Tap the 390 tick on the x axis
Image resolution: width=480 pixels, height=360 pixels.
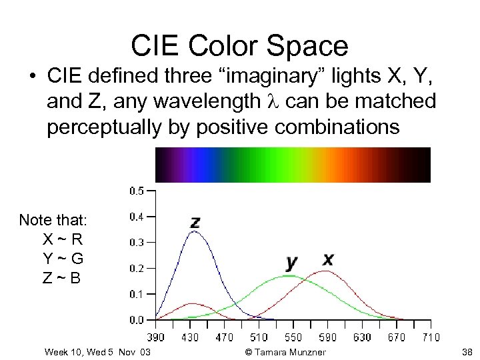coord(155,337)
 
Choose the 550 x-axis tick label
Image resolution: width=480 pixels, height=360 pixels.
coord(293,337)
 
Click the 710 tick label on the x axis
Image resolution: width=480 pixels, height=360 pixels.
coord(430,337)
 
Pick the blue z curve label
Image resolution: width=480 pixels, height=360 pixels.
coord(195,222)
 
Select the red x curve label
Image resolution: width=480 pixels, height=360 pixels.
coord(328,259)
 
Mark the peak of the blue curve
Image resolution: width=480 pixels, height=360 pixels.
coord(193,232)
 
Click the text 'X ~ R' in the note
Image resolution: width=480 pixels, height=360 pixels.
coord(62,239)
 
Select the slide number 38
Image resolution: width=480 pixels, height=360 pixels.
coord(466,352)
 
